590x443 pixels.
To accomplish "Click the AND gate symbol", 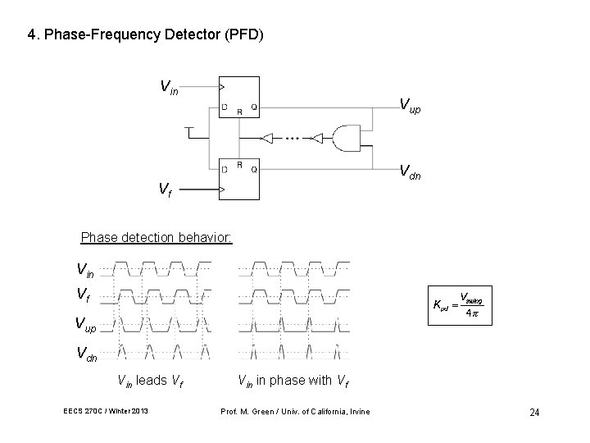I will [x=344, y=139].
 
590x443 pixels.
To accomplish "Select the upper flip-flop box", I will [x=238, y=97].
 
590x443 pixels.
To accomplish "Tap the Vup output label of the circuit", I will [x=409, y=103].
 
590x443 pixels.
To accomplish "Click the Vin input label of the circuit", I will [x=170, y=85].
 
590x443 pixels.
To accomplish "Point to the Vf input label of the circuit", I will [x=165, y=190].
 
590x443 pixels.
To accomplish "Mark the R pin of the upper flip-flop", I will [x=238, y=112].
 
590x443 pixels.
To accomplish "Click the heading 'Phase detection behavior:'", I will [x=157, y=239].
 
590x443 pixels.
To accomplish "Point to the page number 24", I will [x=533, y=412].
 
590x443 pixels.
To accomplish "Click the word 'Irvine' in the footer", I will [x=358, y=411].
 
